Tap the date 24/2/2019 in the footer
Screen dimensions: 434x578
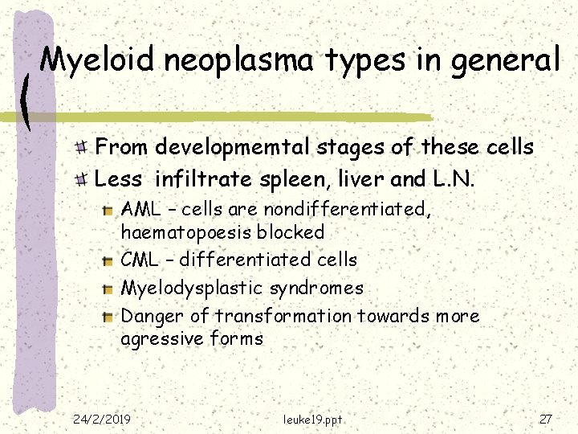coord(102,418)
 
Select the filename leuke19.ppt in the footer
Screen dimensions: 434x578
coord(314,418)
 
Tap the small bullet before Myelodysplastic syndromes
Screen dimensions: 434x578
coord(108,289)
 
